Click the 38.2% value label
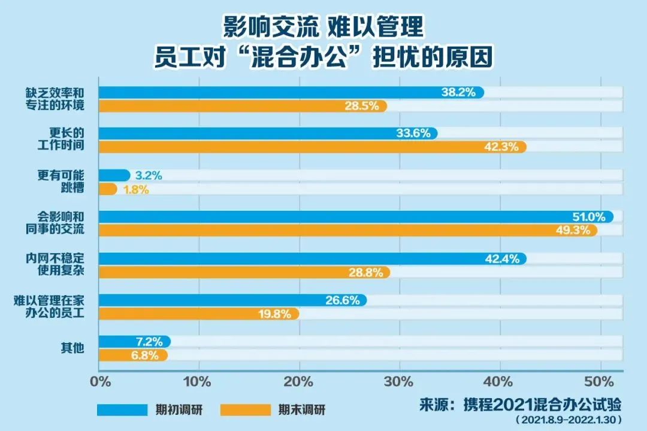point(459,92)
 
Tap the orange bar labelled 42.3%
point(312,147)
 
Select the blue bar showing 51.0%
point(353,217)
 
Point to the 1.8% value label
point(136,190)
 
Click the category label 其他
point(71,348)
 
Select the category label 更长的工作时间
point(66,140)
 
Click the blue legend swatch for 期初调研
point(122,410)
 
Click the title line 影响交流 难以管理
point(323,27)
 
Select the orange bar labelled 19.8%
point(198,313)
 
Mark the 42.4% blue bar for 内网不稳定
point(312,259)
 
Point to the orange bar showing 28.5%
point(240,106)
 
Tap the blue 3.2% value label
point(149,176)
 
